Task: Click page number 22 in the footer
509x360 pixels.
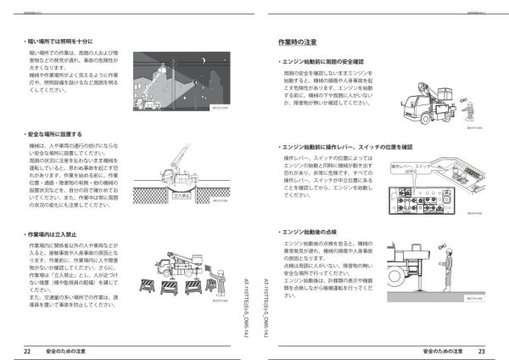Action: (x=27, y=349)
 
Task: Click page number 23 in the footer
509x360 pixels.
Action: (x=480, y=349)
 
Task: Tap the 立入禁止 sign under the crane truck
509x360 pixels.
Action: (x=180, y=195)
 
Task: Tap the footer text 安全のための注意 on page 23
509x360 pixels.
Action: (x=441, y=349)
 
